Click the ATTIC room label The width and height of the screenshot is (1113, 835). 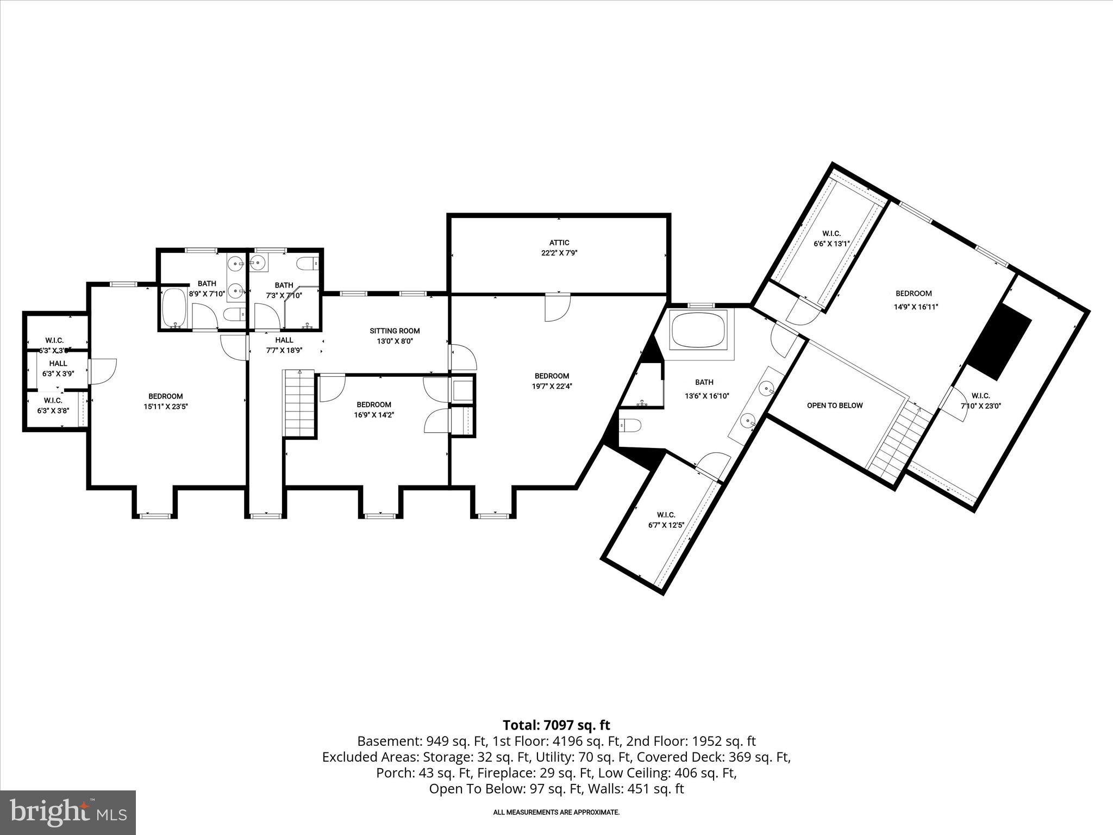(559, 243)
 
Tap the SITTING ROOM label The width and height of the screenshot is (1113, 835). (395, 331)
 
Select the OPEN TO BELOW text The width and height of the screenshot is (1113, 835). (834, 405)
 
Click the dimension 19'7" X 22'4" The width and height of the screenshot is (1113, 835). (552, 387)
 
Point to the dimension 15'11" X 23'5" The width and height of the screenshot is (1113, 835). (166, 407)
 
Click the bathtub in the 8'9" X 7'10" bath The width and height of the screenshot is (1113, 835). (175, 308)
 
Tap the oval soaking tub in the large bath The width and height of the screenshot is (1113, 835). (698, 331)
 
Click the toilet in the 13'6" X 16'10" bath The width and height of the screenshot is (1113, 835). (630, 425)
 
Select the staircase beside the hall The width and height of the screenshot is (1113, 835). (299, 402)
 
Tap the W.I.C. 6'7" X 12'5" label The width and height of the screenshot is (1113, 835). (666, 520)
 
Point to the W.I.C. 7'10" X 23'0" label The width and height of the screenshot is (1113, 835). (980, 401)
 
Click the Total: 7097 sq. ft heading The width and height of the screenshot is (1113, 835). (556, 725)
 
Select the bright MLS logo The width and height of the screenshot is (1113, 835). (68, 812)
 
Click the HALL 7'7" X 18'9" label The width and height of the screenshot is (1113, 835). (284, 345)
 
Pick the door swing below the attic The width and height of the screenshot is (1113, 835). (557, 307)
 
